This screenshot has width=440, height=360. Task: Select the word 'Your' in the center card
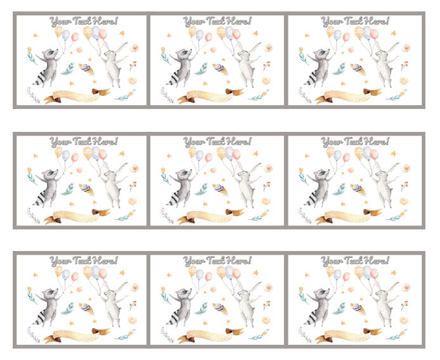click(x=194, y=142)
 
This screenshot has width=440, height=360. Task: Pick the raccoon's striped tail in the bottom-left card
click(x=39, y=318)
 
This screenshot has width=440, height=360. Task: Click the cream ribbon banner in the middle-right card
click(x=348, y=216)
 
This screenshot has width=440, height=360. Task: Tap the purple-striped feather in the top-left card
click(x=86, y=69)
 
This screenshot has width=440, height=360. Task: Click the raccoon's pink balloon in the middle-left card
click(x=75, y=157)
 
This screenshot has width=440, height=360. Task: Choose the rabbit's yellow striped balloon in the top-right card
click(x=359, y=32)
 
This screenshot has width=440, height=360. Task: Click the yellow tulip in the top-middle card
click(x=163, y=50)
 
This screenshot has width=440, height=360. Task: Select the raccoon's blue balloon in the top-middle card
click(x=199, y=35)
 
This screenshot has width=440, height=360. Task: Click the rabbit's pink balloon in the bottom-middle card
click(x=236, y=274)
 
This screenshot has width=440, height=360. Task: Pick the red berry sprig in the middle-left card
click(x=133, y=186)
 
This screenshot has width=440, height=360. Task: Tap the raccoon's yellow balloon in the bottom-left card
click(x=59, y=271)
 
